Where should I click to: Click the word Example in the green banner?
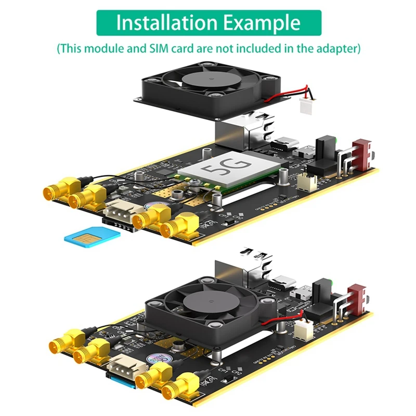(262, 23)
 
